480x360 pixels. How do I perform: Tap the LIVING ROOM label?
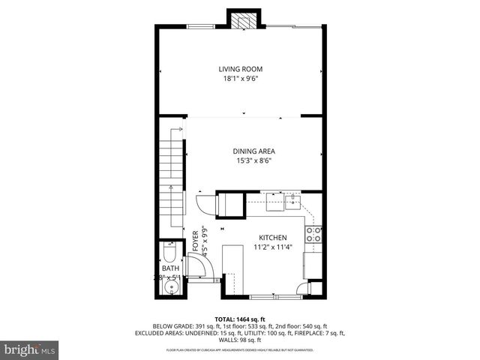[x=240, y=69]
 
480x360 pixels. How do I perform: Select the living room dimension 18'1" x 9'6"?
[x=240, y=78]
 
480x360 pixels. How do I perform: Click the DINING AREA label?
[x=251, y=151]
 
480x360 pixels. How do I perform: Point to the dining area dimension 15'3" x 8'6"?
[x=251, y=160]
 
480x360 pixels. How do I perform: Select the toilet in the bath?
[x=170, y=251]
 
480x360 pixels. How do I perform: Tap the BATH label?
[x=170, y=268]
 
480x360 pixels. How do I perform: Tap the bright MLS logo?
[x=30, y=349]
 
